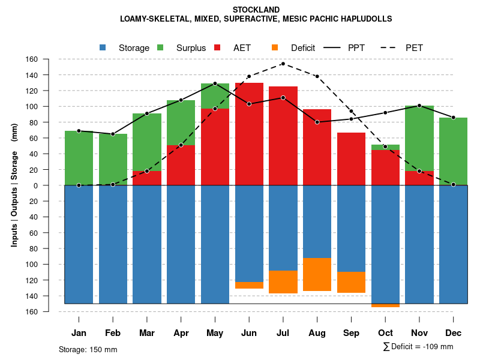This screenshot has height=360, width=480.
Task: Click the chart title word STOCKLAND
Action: coord(256,10)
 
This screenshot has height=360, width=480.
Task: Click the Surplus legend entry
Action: coord(183,48)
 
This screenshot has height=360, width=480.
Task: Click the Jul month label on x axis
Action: coord(283,333)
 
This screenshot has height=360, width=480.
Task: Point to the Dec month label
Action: coord(454,333)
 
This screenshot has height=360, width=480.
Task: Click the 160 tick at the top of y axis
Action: coord(32,59)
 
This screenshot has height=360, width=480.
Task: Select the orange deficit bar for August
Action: coord(317,274)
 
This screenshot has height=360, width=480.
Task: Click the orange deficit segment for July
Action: coord(283,282)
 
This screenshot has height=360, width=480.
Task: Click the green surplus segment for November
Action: coord(419,138)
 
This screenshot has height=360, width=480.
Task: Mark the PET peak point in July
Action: coord(283,64)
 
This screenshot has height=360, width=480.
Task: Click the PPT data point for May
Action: coord(215,83)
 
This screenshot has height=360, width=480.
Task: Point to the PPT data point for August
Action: coord(317,122)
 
